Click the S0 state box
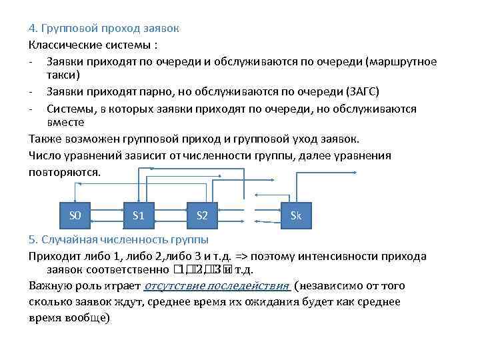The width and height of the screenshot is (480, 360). pyautogui.click(x=75, y=215)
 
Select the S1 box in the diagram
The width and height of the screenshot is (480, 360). pyautogui.click(x=139, y=215)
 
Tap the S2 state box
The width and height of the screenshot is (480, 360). pyautogui.click(x=203, y=215)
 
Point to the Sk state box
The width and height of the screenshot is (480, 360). pyautogui.click(x=296, y=215)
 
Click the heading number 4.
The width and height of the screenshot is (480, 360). pyautogui.click(x=32, y=29)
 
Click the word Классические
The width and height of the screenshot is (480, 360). pyautogui.click(x=61, y=45)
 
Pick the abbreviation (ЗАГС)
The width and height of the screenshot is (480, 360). pyautogui.click(x=363, y=91)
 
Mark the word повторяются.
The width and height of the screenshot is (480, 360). pyautogui.click(x=65, y=171)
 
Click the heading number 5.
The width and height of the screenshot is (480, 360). pyautogui.click(x=32, y=239)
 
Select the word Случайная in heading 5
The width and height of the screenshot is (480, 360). pyautogui.click(x=69, y=239)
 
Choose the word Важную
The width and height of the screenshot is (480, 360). pyautogui.click(x=49, y=287)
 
